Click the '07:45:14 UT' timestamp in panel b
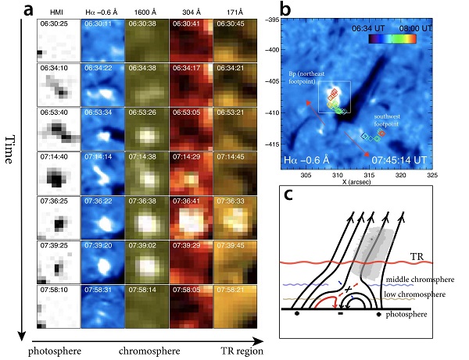(399, 160)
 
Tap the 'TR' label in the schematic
(419, 255)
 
